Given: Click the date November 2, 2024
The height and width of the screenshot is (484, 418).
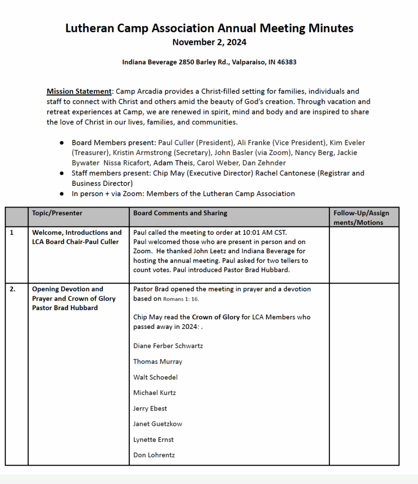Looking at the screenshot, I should [x=209, y=42].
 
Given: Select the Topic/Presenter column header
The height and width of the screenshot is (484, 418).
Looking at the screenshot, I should [x=57, y=213].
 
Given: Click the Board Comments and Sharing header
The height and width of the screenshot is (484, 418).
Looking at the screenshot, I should [x=180, y=213].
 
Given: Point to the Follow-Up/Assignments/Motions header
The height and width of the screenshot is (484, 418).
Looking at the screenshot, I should [x=361, y=217].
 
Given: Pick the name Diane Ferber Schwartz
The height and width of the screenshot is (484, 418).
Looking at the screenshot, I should [x=168, y=346].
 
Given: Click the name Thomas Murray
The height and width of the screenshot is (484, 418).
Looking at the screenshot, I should [x=158, y=362].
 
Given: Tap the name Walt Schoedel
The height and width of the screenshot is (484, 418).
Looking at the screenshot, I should [x=155, y=377].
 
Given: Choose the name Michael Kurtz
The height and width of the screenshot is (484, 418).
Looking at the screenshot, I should [x=154, y=393].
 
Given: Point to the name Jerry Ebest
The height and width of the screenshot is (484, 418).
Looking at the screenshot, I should [x=150, y=408].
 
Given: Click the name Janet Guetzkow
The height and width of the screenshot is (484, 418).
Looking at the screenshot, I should [x=158, y=424].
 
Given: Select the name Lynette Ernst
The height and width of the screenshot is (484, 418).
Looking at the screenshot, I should [x=153, y=440].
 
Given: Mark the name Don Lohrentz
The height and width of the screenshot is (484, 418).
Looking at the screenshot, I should [x=154, y=455].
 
